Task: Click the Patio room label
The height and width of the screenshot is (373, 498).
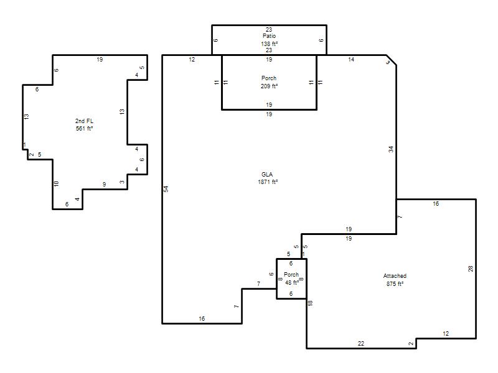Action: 269,36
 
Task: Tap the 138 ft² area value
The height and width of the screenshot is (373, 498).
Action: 270,44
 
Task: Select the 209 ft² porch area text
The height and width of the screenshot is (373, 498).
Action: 270,86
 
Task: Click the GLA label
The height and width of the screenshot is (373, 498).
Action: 267,175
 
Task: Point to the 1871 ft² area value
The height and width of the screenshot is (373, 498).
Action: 268,182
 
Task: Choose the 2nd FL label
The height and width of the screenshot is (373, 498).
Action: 84,121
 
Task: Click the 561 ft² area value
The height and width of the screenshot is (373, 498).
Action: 84,129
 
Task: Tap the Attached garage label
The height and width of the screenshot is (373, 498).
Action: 395,276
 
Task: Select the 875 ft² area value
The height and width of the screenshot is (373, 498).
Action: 395,284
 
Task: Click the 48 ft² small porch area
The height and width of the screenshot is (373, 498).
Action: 292,282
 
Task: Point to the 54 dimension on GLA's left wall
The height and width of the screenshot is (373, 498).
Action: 166,189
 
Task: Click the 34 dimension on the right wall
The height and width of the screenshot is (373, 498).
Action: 391,149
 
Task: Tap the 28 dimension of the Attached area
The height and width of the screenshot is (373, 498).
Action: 471,269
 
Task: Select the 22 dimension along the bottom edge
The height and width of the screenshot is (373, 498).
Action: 361,344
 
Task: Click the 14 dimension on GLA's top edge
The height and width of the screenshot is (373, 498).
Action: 351,59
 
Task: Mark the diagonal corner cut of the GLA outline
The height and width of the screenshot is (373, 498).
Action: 392,60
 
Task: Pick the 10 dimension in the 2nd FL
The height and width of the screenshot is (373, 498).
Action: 56,183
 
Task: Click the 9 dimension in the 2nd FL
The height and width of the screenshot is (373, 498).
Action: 104,184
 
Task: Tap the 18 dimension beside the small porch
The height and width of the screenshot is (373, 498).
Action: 310,303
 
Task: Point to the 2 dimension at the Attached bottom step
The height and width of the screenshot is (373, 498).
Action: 411,344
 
